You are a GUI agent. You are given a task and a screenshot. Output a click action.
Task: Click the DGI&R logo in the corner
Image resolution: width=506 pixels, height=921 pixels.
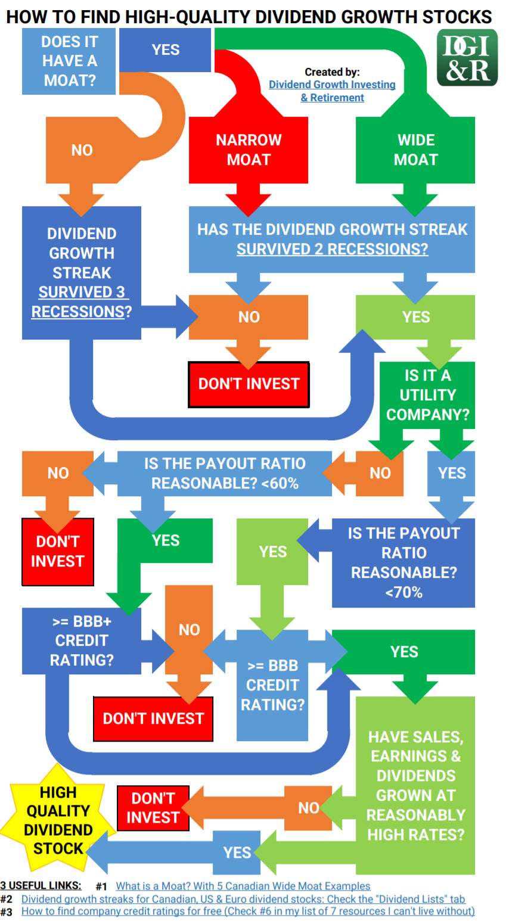click(467, 57)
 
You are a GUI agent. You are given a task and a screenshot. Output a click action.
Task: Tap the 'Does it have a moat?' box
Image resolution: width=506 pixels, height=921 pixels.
click(69, 61)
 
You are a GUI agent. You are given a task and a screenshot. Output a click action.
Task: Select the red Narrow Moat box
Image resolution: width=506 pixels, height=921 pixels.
click(249, 150)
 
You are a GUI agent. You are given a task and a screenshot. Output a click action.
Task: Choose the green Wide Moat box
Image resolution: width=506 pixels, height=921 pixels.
click(415, 150)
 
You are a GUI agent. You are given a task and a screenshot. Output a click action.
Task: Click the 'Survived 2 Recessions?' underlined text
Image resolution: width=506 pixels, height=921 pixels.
click(333, 249)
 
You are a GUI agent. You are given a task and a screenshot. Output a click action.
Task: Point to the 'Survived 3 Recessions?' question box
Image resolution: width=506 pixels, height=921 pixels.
click(82, 273)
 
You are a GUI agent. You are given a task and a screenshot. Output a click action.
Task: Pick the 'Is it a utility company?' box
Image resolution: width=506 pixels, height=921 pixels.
click(427, 395)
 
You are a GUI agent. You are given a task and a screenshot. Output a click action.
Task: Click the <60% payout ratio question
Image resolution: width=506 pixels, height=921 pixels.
click(225, 473)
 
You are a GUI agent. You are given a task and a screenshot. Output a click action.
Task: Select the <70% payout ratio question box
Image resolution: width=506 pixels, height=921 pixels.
click(403, 563)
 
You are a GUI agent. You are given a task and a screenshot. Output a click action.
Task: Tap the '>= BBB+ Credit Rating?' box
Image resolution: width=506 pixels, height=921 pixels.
click(82, 640)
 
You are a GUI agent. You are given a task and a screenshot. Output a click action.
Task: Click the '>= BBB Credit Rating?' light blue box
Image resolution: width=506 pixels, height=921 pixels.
click(272, 685)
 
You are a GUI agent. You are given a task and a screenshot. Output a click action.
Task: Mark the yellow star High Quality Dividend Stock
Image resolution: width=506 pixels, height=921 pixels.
click(58, 820)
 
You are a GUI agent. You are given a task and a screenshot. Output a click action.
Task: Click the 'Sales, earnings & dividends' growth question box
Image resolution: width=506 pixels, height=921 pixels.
click(415, 786)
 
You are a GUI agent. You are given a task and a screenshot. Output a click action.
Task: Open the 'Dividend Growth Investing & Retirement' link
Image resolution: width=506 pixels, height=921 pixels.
click(333, 91)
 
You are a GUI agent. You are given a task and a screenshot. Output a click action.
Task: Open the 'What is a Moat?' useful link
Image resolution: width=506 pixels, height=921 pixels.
click(243, 886)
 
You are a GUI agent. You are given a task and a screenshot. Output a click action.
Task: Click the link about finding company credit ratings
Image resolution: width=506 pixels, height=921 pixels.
click(248, 911)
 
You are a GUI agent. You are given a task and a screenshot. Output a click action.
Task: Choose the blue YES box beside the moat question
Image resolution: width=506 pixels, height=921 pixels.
click(165, 50)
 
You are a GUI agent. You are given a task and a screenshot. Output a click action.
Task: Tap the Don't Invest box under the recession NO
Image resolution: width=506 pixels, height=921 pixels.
click(249, 384)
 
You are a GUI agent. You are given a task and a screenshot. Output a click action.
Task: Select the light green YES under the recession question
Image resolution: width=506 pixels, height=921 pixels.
click(415, 317)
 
